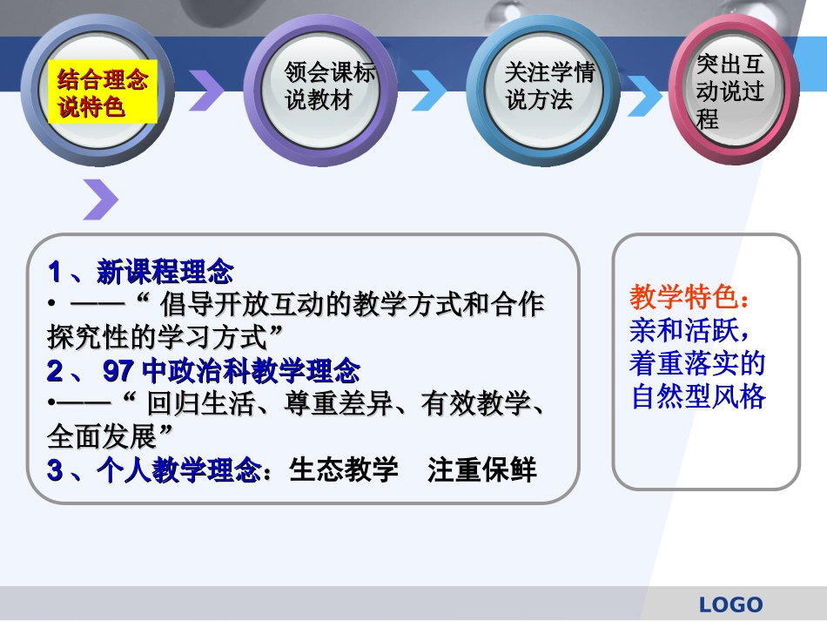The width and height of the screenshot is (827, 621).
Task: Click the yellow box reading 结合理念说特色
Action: click(x=102, y=93)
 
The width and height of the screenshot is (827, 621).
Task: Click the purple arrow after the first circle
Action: click(x=206, y=90)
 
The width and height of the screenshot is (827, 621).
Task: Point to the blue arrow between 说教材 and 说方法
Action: click(x=429, y=90)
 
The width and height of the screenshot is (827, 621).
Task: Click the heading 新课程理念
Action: click(x=165, y=273)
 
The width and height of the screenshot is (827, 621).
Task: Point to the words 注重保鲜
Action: click(x=482, y=470)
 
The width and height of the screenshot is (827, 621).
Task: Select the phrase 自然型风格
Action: click(x=697, y=397)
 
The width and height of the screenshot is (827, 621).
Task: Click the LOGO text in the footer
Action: click(x=730, y=604)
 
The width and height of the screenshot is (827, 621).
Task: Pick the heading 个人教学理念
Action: click(x=179, y=470)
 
